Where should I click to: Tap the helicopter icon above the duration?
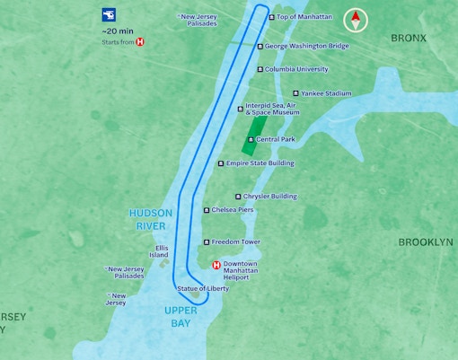click(x=109, y=15)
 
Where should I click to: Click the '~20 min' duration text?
click(x=119, y=31)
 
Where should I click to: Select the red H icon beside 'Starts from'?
click(x=139, y=41)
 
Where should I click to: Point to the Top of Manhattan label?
click(x=304, y=17)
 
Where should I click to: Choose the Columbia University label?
click(x=295, y=69)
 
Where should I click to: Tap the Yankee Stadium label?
click(x=326, y=93)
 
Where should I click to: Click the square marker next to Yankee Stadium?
click(x=295, y=93)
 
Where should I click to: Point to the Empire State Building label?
click(x=260, y=163)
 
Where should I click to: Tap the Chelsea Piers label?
click(x=233, y=210)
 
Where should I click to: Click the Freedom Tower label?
click(x=235, y=242)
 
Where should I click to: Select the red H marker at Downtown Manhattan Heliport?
click(x=216, y=265)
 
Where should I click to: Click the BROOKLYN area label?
click(x=425, y=242)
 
